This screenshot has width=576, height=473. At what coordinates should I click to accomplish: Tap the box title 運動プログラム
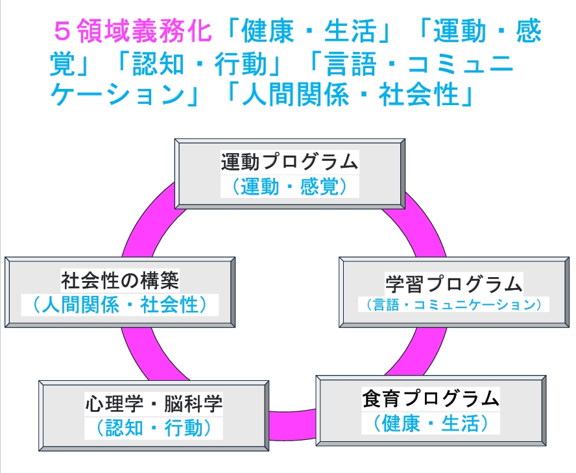(x=289, y=161)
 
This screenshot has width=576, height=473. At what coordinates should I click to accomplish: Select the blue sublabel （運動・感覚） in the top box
(x=289, y=187)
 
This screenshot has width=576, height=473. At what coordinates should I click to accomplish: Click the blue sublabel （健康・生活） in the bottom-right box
(x=431, y=424)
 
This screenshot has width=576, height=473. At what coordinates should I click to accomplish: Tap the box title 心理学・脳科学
(x=154, y=404)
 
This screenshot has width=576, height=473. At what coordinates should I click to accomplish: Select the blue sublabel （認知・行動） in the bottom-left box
(x=154, y=428)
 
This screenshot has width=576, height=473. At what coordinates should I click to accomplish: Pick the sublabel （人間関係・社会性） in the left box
(x=120, y=304)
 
